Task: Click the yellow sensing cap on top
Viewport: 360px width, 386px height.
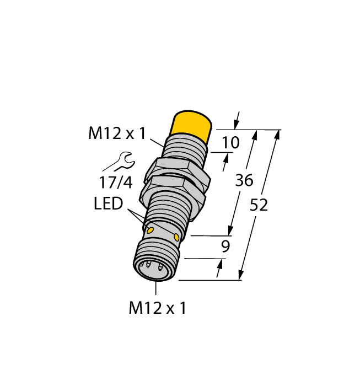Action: tap(192, 126)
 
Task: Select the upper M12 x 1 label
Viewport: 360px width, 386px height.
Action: tap(117, 133)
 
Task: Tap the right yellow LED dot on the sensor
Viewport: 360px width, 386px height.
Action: tap(176, 237)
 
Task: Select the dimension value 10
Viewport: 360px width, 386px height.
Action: tap(230, 143)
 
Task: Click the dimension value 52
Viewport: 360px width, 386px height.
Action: tap(259, 205)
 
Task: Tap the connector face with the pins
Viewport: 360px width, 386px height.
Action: tap(154, 270)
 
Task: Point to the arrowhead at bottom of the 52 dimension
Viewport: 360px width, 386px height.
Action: tap(241, 275)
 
